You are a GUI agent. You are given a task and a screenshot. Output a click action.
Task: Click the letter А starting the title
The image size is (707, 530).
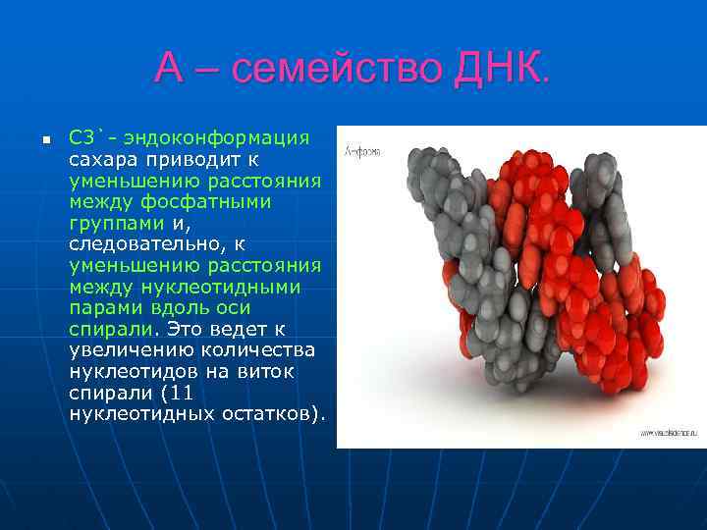click(x=169, y=70)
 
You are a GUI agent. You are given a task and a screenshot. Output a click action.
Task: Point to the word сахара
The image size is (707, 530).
click(x=102, y=158)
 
